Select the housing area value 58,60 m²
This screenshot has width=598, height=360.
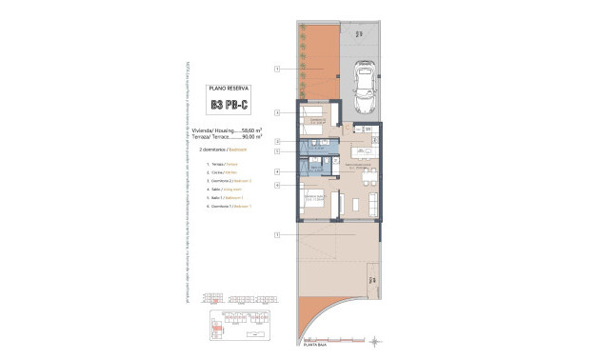249,130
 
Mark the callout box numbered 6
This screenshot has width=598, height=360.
277,185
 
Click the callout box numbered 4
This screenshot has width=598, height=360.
277,171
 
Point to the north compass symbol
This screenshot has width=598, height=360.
378,339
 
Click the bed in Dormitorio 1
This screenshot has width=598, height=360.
312,201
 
